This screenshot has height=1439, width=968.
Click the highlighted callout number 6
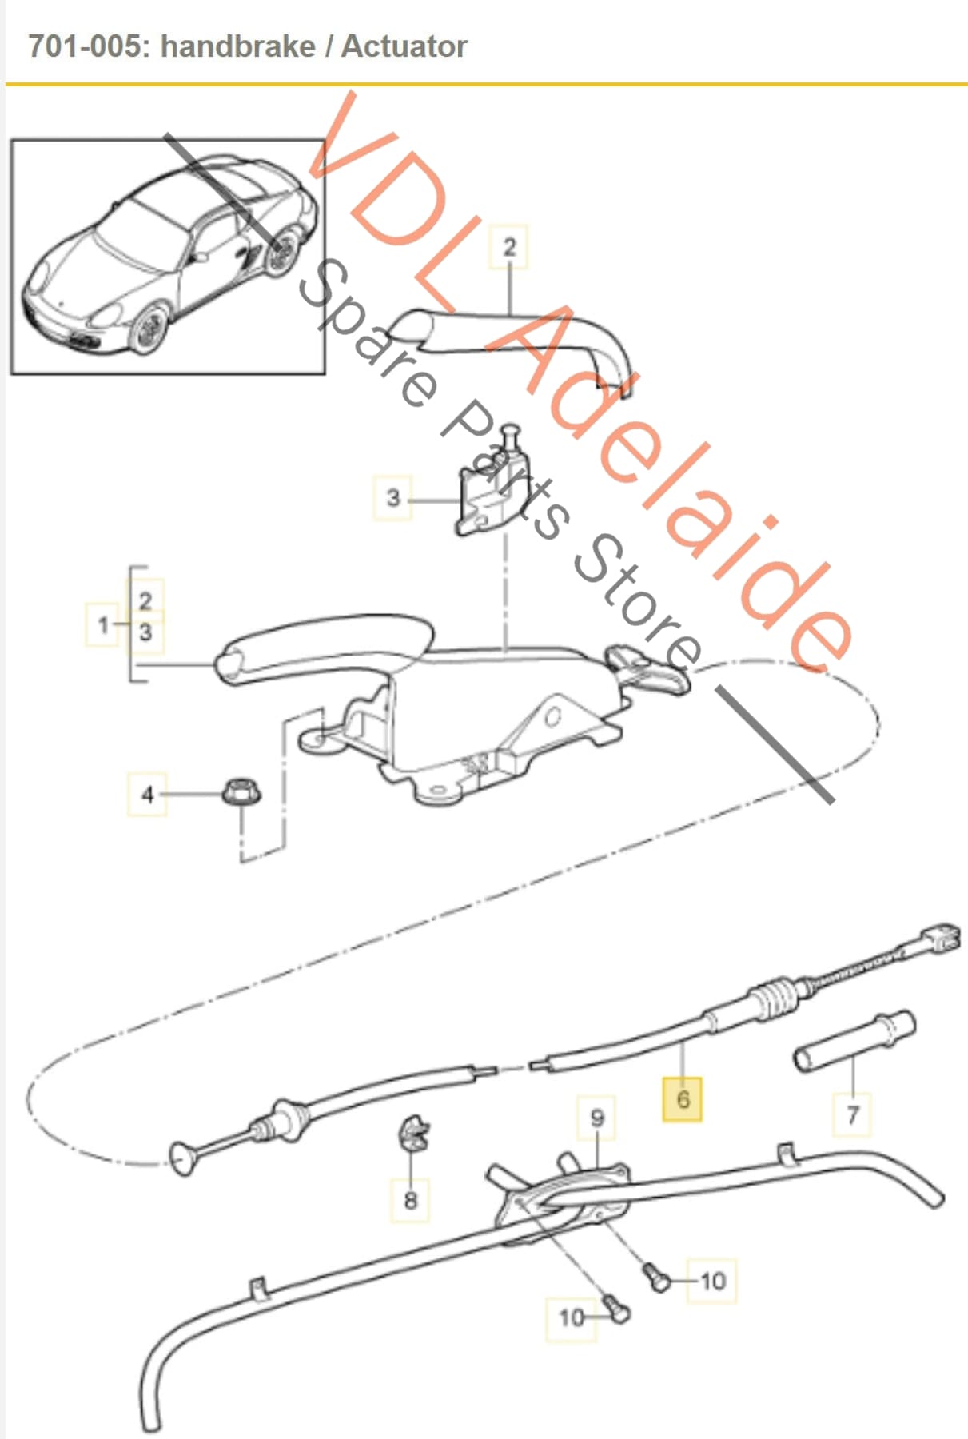[x=683, y=1098]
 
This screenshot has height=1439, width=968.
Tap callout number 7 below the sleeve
[x=852, y=1114]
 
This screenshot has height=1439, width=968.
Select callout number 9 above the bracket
[x=597, y=1118]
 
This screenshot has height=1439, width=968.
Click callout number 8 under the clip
[x=410, y=1199]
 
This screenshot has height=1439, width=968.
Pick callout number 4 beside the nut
[x=147, y=794]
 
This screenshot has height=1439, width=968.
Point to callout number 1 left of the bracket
[x=103, y=624]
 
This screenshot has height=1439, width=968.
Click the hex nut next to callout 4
[x=241, y=791]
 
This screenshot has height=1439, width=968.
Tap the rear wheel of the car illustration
[x=282, y=252]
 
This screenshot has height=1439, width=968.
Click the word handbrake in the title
[x=238, y=46]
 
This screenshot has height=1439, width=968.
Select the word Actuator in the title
[x=404, y=46]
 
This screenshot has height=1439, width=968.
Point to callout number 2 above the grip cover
[x=509, y=247]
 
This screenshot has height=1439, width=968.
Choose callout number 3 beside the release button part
[x=392, y=497]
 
